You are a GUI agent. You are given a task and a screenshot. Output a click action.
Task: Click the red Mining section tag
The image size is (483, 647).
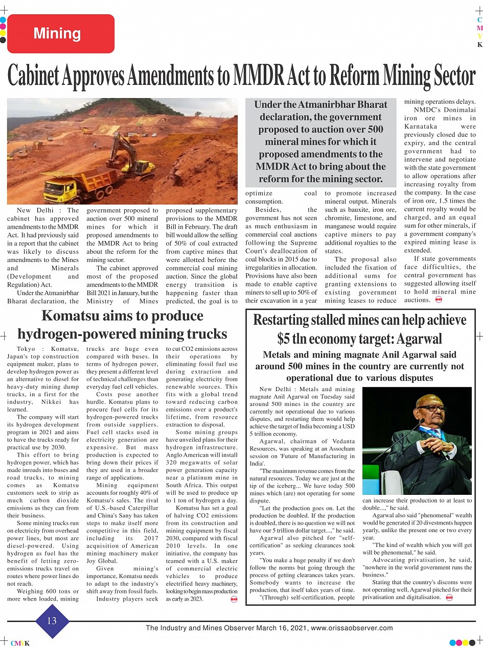click(x=60, y=34)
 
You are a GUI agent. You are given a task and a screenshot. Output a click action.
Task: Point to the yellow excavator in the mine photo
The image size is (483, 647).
click(x=128, y=156)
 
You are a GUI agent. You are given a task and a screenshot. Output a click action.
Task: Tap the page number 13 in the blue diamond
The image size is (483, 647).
click(x=52, y=621)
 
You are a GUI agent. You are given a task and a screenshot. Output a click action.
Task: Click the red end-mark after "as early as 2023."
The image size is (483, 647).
click(x=234, y=599)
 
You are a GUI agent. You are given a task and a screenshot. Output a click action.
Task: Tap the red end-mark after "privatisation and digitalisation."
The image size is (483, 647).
click(x=449, y=597)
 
